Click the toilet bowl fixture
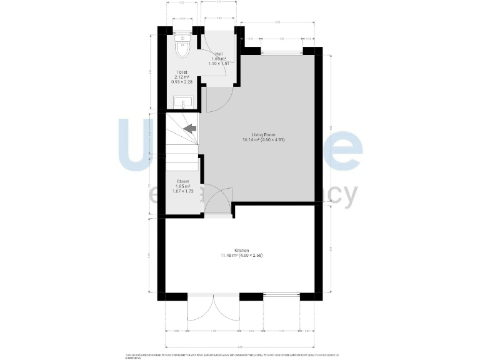coord(182,47)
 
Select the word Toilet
coord(182,72)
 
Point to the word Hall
coord(218,54)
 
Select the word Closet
coord(182,181)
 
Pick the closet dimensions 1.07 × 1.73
coord(182,191)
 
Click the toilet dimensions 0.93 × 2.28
coord(182,82)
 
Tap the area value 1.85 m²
coord(182,186)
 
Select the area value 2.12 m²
coord(182,77)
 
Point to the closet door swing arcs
coord(219,200)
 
